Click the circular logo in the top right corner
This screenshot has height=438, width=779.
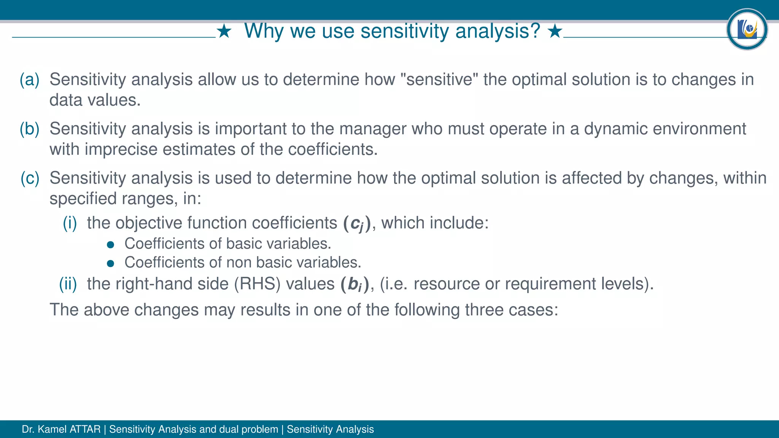coord(747,29)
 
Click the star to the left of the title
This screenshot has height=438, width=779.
coord(224,32)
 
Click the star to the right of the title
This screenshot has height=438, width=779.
coord(555,32)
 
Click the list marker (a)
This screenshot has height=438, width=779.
coord(30,80)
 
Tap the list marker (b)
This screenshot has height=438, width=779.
coord(30,129)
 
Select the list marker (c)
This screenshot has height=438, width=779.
coord(30,178)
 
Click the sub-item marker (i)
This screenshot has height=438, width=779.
coord(70,223)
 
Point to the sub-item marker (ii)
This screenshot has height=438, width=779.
coord(68,284)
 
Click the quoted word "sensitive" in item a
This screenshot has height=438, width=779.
coord(439,79)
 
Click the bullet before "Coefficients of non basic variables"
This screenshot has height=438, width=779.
coord(111,263)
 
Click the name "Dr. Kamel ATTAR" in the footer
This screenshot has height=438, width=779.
coord(61,429)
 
